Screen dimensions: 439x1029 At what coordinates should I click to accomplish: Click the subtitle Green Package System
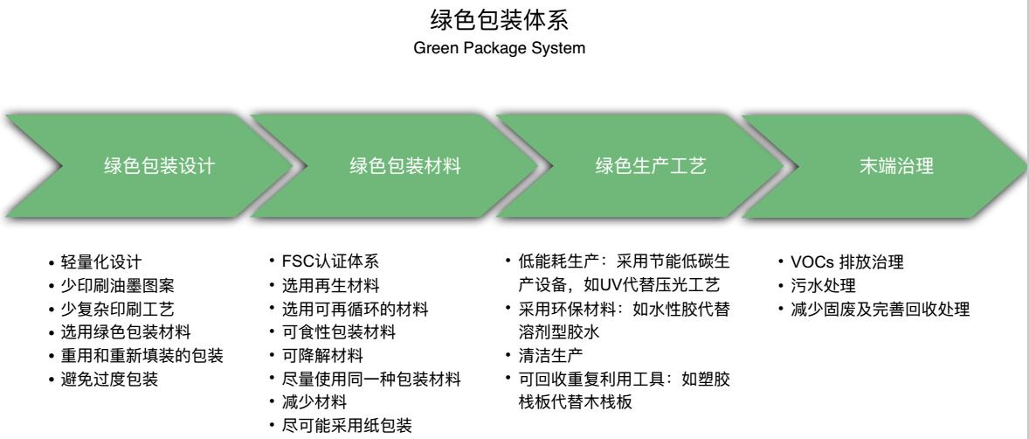tap(514, 49)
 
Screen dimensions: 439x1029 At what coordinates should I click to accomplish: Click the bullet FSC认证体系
tap(328, 261)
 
